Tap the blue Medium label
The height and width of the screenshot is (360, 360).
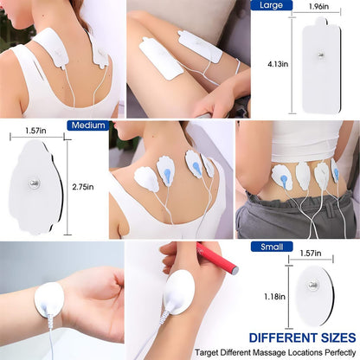pos(88,125)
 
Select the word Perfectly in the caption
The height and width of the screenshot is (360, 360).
pos(330,353)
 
